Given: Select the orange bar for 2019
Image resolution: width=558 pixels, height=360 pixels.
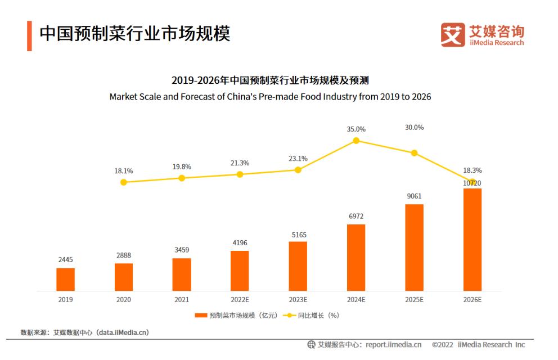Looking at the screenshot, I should click(x=65, y=279).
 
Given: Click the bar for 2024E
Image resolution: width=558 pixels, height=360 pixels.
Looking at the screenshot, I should click(x=356, y=257).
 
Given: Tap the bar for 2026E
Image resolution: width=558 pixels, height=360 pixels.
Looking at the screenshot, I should click(x=472, y=239).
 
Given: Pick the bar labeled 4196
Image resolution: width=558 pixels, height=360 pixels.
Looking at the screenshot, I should click(x=240, y=271).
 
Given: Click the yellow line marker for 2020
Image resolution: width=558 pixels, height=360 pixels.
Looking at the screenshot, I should click(x=124, y=182).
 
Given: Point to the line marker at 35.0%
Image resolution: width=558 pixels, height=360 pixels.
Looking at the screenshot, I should click(x=356, y=141).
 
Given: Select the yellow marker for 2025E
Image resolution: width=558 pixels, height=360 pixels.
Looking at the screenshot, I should click(x=414, y=153).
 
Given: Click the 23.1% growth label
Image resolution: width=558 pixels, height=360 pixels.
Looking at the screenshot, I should click(x=298, y=159).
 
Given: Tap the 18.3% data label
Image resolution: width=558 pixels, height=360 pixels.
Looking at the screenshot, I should click(x=472, y=170).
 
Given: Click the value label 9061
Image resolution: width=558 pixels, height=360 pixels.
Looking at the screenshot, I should click(x=414, y=196).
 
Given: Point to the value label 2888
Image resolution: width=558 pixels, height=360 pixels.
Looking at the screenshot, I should click(x=124, y=255).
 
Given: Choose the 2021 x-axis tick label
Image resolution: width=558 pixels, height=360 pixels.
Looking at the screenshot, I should click(x=182, y=300).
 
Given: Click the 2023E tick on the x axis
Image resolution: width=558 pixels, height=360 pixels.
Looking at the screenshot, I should click(x=298, y=300).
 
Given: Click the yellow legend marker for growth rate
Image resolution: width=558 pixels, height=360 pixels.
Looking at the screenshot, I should click(x=290, y=316).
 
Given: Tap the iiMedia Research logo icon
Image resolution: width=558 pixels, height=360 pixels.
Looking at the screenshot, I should click(x=453, y=34).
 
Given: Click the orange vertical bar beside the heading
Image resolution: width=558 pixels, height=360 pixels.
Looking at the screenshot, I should click(x=29, y=35).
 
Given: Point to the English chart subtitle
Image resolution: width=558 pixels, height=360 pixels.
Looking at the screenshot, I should click(x=270, y=97).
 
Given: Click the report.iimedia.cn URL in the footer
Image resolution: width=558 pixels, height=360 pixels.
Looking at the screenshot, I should click(x=393, y=344).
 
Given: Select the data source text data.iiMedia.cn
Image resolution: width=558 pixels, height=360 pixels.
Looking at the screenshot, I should click(x=123, y=332).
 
